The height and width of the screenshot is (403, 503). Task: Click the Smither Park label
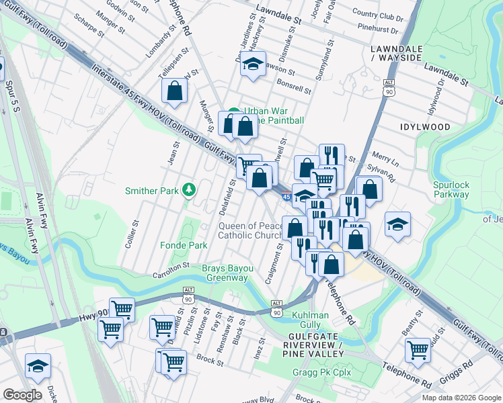coord(152,191)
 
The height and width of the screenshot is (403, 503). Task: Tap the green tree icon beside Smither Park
coord(190,190)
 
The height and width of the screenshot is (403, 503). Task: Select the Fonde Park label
coord(184,246)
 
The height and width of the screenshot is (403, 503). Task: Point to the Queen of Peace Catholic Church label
coord(251,230)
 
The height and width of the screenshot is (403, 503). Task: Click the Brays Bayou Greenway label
coord(225,273)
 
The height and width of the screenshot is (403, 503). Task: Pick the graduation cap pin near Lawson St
coord(253,64)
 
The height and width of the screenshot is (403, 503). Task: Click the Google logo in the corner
coord(22,395)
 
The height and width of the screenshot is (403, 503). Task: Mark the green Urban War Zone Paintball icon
coord(233,112)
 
